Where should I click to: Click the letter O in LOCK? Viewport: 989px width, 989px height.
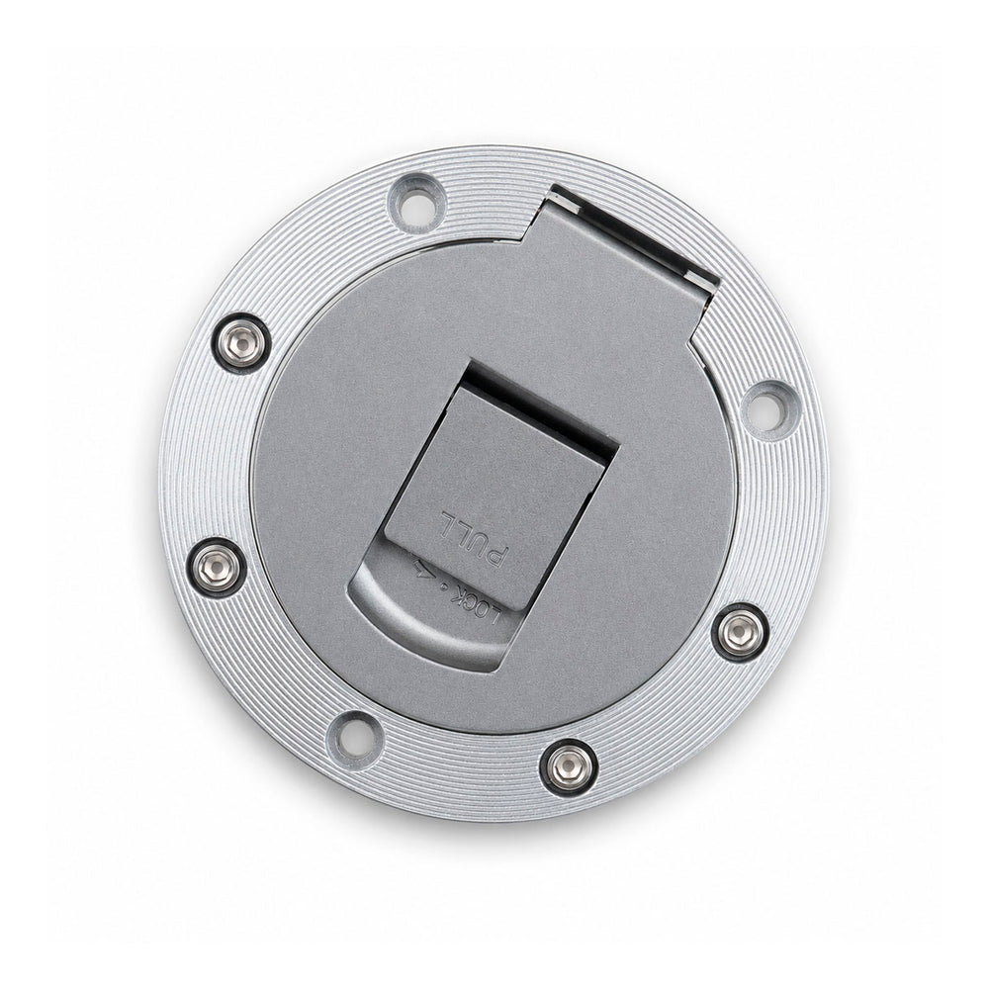pos(484,608)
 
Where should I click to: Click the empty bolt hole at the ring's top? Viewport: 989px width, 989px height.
pos(415,203)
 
